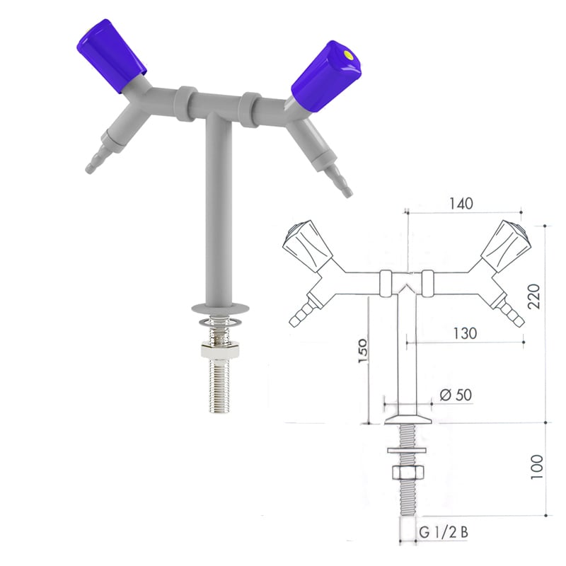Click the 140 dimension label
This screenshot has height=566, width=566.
461,204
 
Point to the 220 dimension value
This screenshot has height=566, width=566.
534,296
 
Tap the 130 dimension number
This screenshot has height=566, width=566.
465,333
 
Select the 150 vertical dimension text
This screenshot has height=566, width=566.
362,351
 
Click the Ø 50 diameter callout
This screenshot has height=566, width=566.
456,395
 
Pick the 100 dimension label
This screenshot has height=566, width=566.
536,467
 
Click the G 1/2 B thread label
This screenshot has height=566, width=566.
444,533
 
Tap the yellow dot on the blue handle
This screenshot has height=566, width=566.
348,55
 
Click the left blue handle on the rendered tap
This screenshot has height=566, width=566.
111,56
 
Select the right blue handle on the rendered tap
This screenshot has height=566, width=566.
326,77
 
